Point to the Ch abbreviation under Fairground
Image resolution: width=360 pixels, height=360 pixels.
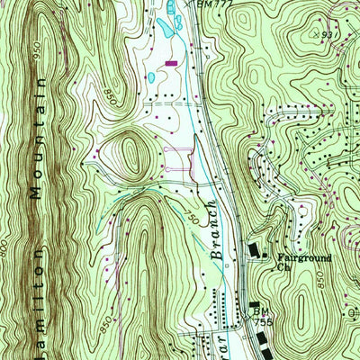click(283, 266)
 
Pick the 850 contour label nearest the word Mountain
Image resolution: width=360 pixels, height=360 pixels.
click(110, 93)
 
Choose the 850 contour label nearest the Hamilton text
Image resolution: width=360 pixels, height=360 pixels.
click(108, 320)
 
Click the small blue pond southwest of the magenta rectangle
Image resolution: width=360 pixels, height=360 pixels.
click(152, 78)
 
